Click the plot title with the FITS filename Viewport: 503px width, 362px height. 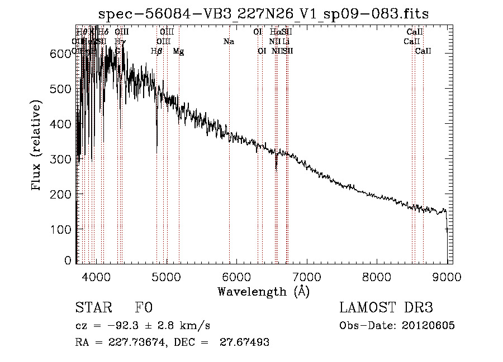(264, 14)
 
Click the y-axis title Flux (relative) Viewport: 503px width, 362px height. (37, 146)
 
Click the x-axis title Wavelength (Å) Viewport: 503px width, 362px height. (263, 291)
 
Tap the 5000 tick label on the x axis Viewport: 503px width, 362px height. (167, 276)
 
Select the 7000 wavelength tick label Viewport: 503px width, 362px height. (307, 276)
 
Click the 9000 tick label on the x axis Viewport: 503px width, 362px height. (447, 276)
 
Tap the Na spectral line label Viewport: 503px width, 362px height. (228, 42)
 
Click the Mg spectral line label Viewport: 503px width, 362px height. (178, 51)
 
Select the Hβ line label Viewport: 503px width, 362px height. (156, 51)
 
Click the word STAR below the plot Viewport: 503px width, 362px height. (93, 308)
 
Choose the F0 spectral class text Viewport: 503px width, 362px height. (144, 308)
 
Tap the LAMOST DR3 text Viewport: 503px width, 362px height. (386, 308)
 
